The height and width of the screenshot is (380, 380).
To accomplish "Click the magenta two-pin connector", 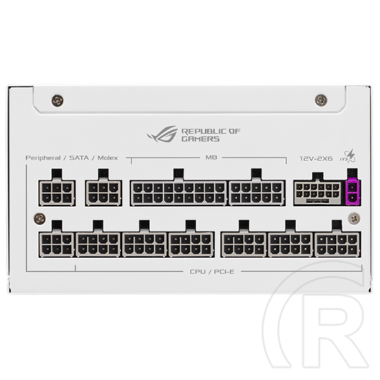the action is tap(352, 193).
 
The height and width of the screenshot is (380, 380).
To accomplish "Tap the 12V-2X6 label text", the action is tap(316, 159).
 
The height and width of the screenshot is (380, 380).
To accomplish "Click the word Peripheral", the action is tap(43, 158).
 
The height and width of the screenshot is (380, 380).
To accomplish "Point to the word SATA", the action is tap(79, 158).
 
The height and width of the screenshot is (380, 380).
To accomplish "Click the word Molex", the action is tap(107, 158).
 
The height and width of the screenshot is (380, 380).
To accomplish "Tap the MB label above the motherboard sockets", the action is tap(211, 157).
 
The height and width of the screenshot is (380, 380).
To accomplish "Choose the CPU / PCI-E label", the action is tap(212, 272).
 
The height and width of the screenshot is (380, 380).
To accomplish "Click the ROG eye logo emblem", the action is tap(162, 134).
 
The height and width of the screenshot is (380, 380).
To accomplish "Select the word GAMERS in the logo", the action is tap(200, 139).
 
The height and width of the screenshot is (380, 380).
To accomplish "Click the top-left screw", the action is tap(58, 101).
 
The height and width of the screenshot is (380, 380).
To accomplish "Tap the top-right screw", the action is tap(321, 100).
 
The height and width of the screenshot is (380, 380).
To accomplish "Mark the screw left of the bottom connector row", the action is tap(40, 219).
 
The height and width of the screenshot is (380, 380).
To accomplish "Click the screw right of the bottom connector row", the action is tap(354, 218).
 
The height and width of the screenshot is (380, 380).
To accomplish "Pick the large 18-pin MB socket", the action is tap(178, 193).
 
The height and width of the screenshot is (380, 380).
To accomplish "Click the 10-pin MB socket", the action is tap(257, 193).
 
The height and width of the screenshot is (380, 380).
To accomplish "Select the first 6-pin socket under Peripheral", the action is tap(57, 193).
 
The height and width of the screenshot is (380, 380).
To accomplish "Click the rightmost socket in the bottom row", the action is tap(337, 244).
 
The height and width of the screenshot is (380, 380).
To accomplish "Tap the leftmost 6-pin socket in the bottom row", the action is tap(56, 244).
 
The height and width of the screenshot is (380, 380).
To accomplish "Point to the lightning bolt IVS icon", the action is tap(350, 156).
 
